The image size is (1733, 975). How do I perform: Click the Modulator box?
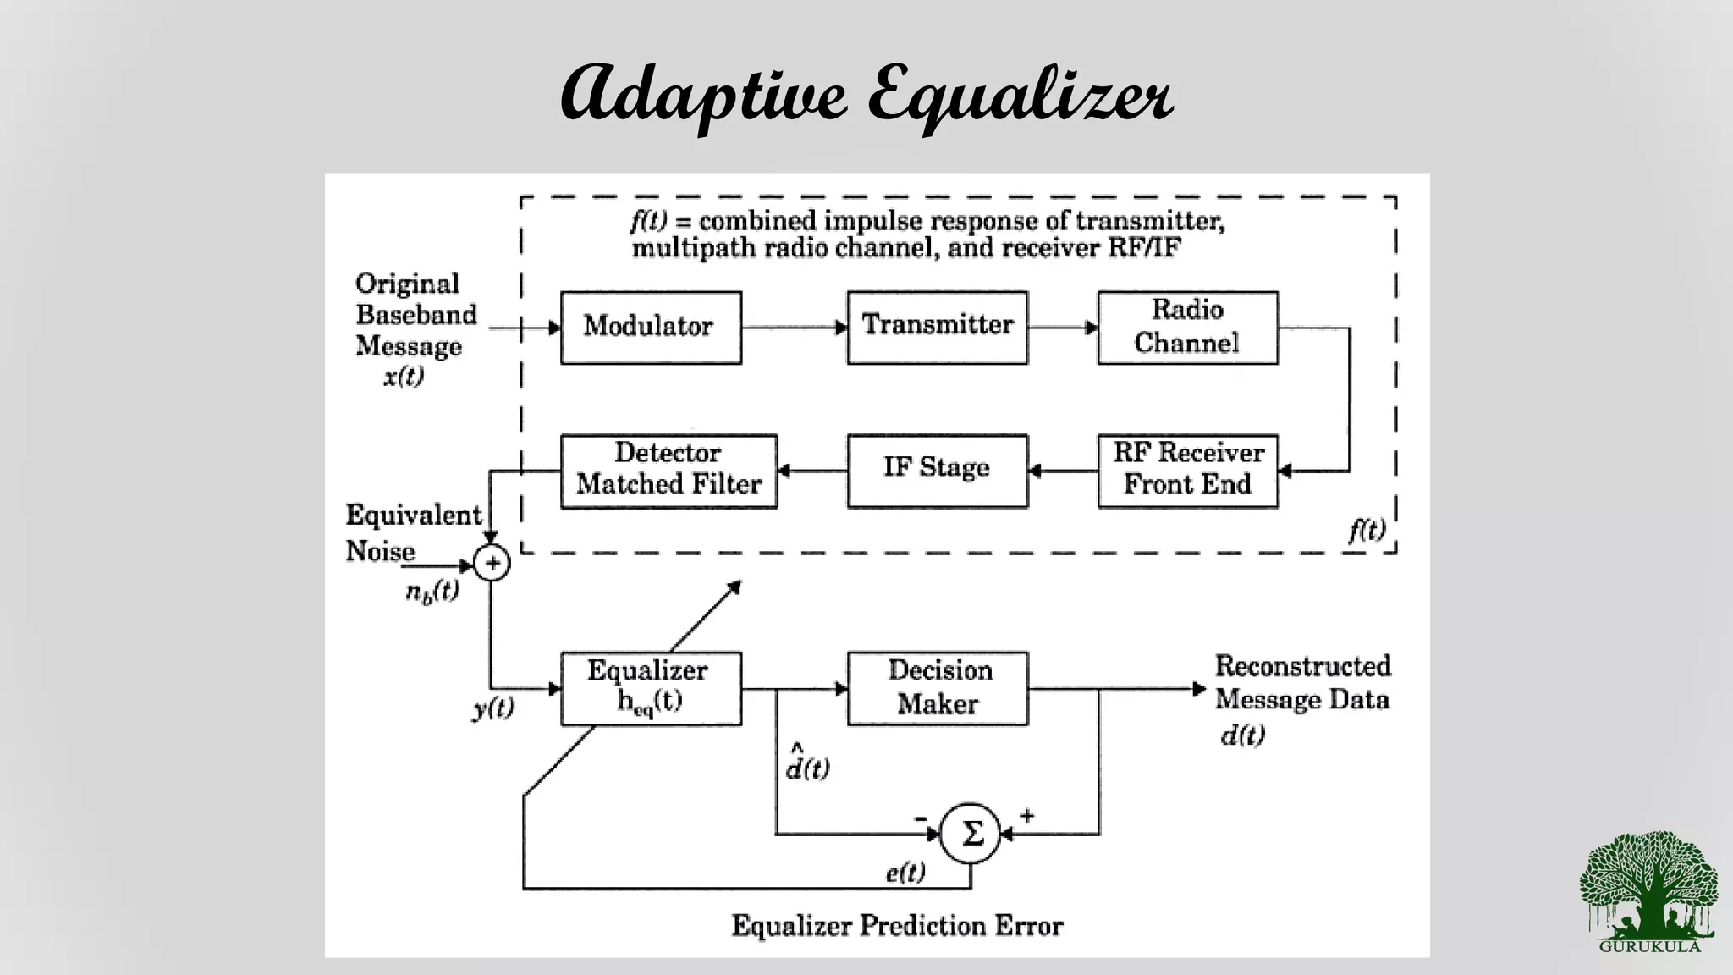[651, 328]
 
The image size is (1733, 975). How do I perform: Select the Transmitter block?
[937, 328]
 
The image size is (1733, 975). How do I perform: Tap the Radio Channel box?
[1187, 328]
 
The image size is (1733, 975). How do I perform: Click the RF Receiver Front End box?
[1187, 471]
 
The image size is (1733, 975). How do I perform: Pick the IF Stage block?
[937, 471]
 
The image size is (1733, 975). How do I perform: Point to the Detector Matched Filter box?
[668, 471]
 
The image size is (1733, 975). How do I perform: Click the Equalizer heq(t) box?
[651, 688]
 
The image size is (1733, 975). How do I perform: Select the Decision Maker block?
[937, 688]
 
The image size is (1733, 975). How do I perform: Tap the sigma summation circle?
[971, 834]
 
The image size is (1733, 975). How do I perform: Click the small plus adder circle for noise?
[492, 563]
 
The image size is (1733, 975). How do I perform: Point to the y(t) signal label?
[493, 708]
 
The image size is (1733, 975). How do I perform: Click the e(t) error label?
[905, 872]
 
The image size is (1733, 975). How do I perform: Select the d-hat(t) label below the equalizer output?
[807, 763]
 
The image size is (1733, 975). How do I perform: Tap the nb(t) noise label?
[432, 592]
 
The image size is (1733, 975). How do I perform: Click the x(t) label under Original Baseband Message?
[404, 377]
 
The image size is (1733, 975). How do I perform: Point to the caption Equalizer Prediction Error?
[897, 925]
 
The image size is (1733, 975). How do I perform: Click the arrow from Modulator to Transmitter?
[794, 328]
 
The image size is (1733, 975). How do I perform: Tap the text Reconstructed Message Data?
[1302, 682]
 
